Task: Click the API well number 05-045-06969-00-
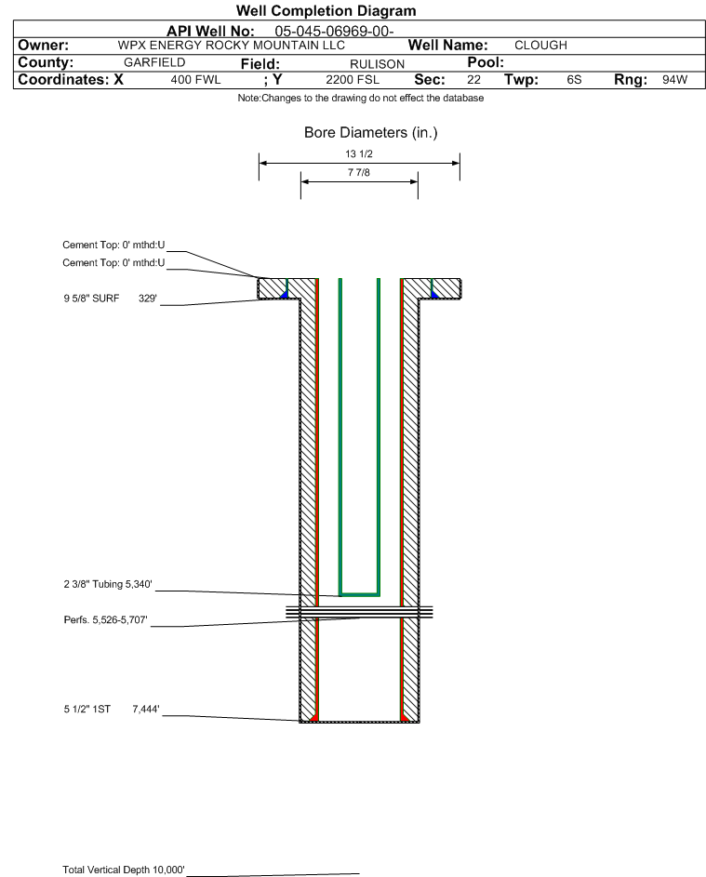coord(334,32)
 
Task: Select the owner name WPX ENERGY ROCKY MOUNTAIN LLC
coord(231,46)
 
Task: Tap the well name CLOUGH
coord(540,46)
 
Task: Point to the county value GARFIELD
coord(154,62)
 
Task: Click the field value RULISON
coord(377,64)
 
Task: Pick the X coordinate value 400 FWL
coord(195,80)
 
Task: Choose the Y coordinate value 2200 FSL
coord(353,80)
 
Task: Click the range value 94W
coord(674,80)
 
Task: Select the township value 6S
coord(574,80)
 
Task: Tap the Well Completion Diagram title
coord(326,10)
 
